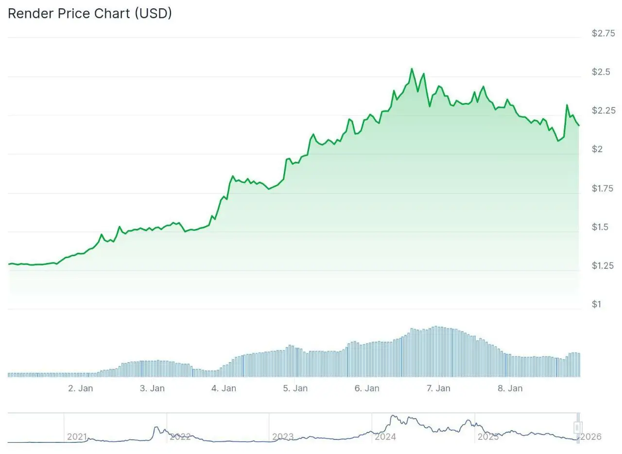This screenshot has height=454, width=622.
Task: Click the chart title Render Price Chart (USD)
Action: [90, 14]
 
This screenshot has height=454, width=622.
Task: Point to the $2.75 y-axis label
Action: [603, 33]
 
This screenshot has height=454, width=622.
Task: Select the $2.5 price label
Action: [601, 72]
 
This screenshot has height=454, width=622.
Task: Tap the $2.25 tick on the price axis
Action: [603, 110]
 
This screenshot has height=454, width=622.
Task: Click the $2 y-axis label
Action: [597, 149]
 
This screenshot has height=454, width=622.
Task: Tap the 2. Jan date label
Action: [81, 388]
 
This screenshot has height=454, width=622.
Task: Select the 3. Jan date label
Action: [152, 388]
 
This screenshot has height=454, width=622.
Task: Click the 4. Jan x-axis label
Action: [224, 388]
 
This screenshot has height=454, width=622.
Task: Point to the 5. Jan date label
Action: [295, 388]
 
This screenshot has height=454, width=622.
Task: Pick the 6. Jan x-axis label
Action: [367, 388]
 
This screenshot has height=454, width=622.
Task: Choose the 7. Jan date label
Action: [438, 388]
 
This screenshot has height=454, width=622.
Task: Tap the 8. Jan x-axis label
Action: [510, 388]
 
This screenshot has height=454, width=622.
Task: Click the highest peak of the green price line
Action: [412, 69]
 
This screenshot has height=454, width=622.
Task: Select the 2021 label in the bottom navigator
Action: [77, 437]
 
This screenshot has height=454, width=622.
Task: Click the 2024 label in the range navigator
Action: [385, 437]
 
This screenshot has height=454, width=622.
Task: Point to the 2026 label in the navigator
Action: [591, 437]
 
